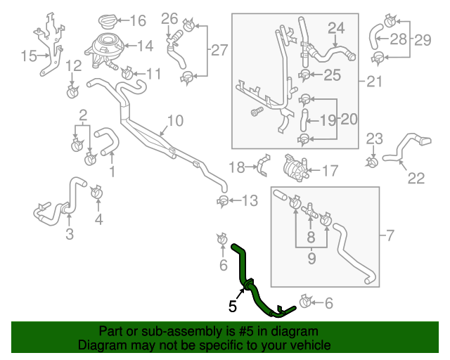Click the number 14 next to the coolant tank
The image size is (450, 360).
(x=144, y=46)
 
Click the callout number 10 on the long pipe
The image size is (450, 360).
(x=174, y=121)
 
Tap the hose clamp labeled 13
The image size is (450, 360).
(x=223, y=202)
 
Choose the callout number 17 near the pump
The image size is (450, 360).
(x=329, y=169)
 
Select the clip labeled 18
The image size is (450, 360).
(x=262, y=167)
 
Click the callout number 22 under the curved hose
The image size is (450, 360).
(x=416, y=179)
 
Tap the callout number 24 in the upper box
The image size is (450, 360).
(x=336, y=27)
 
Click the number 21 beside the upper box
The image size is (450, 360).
(x=374, y=82)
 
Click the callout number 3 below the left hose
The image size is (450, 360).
(x=69, y=234)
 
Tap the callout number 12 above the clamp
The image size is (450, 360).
(x=73, y=66)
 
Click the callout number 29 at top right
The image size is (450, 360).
(x=423, y=39)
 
